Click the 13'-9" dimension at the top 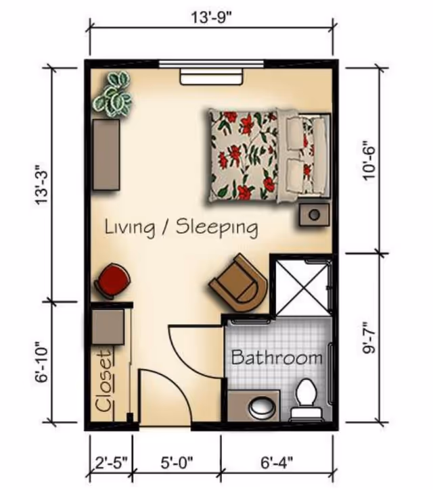click(212, 17)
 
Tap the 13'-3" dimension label click(42, 185)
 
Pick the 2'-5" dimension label click(112, 462)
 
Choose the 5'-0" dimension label click(177, 462)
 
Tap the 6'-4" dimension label click(277, 462)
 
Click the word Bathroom click(277, 357)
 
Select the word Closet click(104, 382)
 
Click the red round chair click(112, 281)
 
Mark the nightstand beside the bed click(314, 214)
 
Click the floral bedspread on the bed click(244, 155)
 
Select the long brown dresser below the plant click(106, 154)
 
